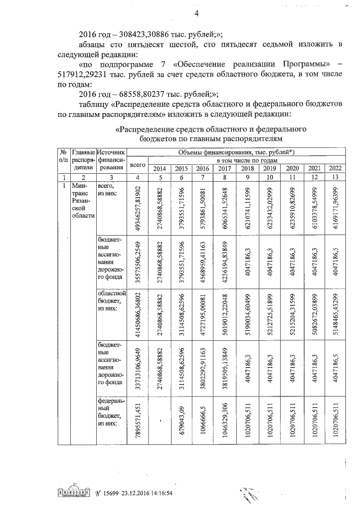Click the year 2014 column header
159,169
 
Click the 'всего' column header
137,164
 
